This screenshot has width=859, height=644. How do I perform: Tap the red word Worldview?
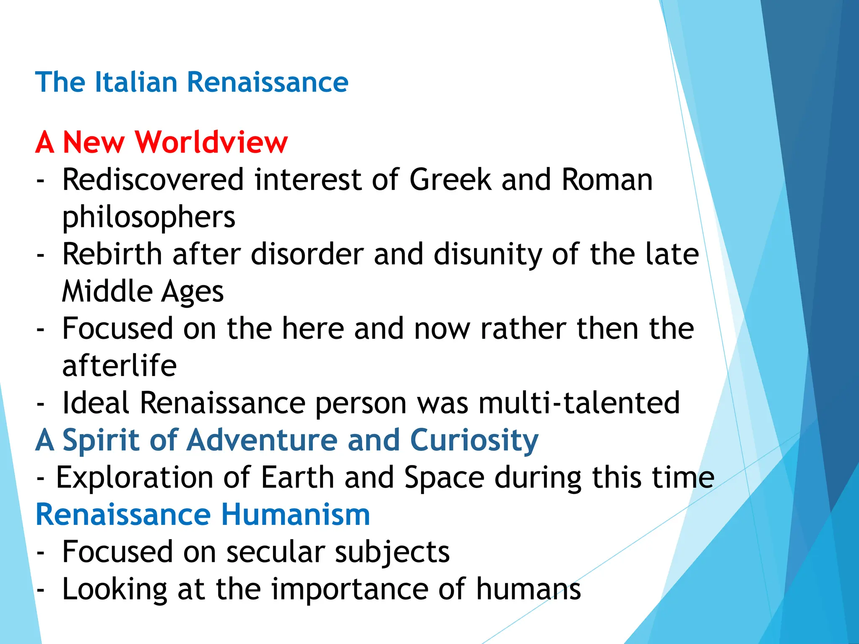click(211, 143)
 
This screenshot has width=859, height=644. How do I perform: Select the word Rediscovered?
click(153, 180)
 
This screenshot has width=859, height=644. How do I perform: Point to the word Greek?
click(450, 180)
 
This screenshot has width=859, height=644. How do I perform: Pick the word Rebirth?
click(112, 254)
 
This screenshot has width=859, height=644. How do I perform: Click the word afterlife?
click(119, 366)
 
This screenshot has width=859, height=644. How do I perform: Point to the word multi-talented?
click(579, 403)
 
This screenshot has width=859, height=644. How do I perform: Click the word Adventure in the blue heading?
click(262, 440)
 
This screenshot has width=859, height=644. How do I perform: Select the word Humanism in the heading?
click(295, 515)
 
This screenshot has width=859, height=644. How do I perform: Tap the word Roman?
click(607, 180)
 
